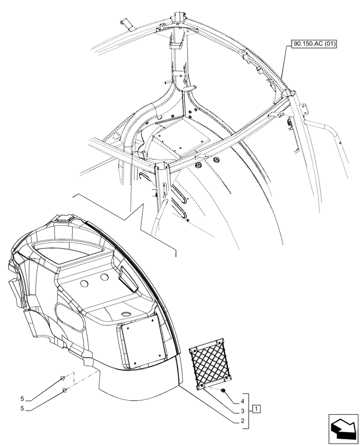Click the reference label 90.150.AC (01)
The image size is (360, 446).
click(x=315, y=44)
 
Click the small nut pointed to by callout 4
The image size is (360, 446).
click(x=224, y=391)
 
